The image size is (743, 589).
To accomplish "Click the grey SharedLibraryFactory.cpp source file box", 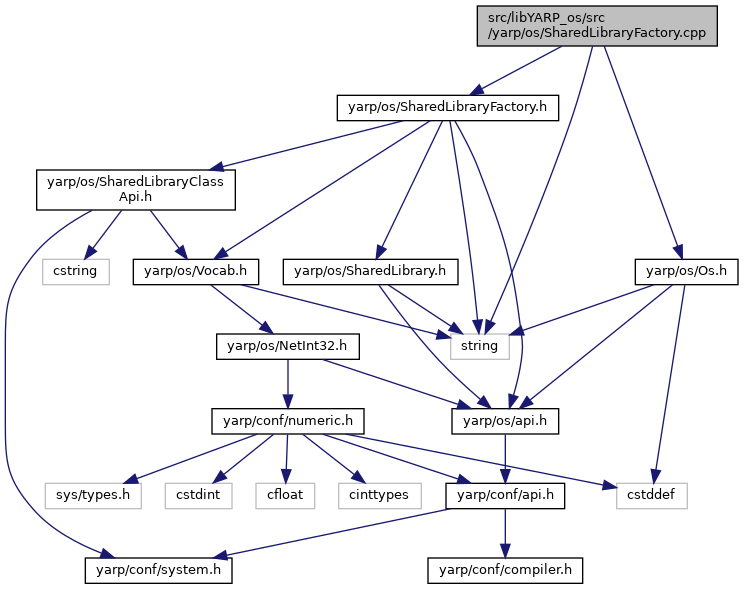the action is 597,26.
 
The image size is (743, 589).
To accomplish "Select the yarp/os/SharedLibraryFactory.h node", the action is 448,108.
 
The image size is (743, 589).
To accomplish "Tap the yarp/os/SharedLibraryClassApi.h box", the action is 136,190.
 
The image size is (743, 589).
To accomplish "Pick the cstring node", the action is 76,272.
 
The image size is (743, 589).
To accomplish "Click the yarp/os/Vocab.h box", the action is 196,272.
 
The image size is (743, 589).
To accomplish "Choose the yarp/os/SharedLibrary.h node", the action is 370,272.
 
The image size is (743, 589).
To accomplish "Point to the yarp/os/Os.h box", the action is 687,272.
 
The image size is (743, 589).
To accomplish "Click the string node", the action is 480,346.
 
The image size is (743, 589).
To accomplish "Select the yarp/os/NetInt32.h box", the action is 288,346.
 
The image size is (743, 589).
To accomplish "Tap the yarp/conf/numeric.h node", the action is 288,421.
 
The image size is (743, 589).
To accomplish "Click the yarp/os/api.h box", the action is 505,421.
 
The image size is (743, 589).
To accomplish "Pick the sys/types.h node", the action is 93,496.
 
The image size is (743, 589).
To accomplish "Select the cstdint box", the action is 199,496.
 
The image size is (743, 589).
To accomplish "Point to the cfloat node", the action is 285,496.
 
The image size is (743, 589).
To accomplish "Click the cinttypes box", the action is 380,496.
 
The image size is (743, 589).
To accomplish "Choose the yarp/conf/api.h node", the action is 505,496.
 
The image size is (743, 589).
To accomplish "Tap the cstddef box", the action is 652,496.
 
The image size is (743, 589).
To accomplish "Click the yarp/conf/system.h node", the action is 159,571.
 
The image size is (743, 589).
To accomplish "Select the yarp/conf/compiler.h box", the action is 505,571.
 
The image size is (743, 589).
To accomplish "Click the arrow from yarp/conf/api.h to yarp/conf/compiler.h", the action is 505,534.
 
